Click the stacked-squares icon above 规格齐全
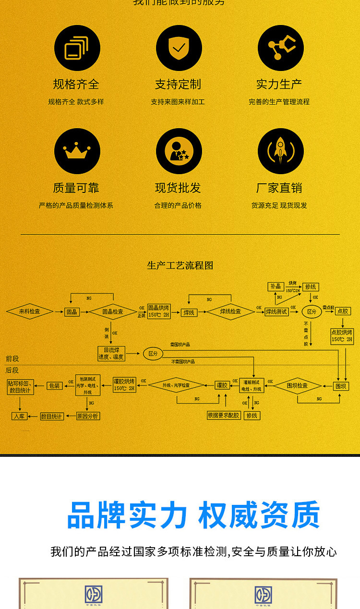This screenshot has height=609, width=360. pos(77,48)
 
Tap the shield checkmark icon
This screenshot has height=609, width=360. pos(179,48)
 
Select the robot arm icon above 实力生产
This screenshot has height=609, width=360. pos(281,48)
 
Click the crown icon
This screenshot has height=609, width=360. pos(77,151)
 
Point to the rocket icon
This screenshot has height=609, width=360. pos(281,151)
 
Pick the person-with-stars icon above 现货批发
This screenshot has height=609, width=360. pos(179,151)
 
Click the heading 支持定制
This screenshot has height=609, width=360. pos(178,84)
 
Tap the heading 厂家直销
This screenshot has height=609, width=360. pos(279,188)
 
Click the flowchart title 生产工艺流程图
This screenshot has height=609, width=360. pos(180,265)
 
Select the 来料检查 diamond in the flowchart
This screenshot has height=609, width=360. pos(30,311)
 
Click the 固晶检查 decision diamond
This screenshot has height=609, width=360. pos(113,311)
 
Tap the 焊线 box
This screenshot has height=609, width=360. pos(189,312)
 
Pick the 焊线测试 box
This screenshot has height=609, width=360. pos(276,311)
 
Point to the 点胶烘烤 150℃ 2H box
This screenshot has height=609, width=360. pos(342,335)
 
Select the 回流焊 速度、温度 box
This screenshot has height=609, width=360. pos(111,354)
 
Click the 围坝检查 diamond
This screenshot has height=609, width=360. pos(298,385)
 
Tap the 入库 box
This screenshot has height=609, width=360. pos(19,416)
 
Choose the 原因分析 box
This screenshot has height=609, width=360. pos(88,416)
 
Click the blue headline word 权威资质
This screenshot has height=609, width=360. pos(259,515)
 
